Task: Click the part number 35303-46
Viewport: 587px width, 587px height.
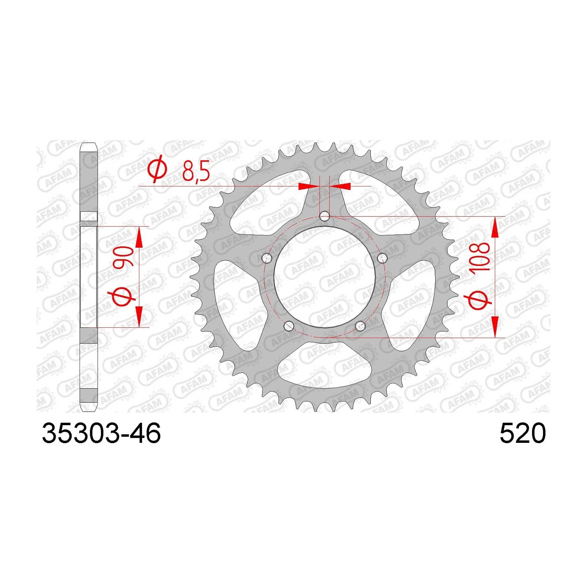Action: pos(101,433)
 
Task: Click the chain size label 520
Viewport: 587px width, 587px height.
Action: pos(523,433)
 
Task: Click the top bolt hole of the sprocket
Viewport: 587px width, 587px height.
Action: pos(325,216)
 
